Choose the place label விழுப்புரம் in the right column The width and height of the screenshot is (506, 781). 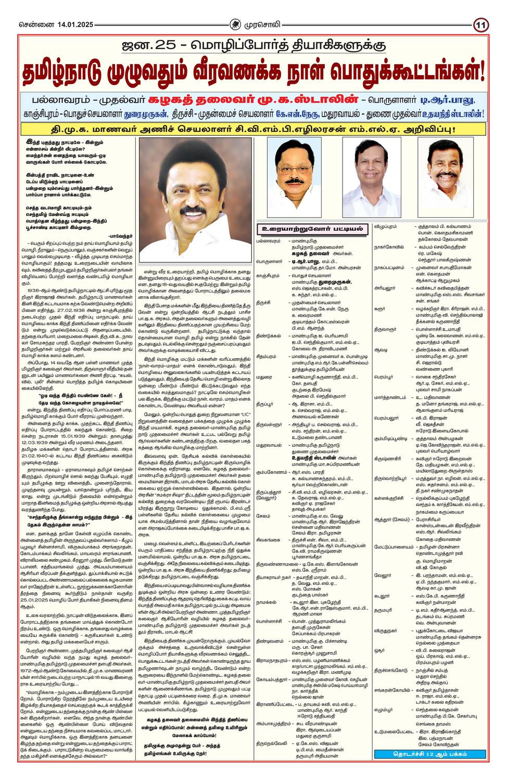[x=385, y=226]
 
